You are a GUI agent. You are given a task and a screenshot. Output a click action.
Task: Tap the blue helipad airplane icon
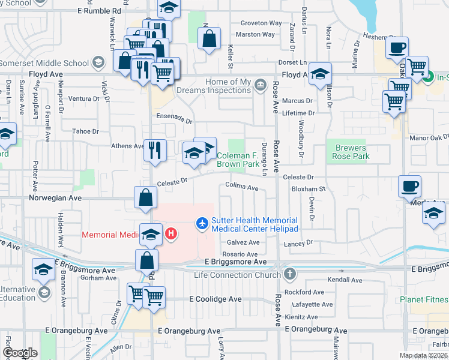pos(202,223)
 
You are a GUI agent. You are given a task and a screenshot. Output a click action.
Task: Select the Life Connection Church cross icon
pos(290,275)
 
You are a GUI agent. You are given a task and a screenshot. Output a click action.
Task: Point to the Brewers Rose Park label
pos(350,152)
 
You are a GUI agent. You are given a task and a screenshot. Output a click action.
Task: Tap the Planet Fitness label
pos(424,299)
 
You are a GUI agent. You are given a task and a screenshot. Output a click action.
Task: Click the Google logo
pos(20,353)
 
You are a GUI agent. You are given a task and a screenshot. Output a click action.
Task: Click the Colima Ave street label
pos(242,188)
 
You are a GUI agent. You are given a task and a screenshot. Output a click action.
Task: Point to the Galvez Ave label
pos(243,242)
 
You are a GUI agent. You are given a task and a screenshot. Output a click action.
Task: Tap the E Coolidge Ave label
pos(215,299)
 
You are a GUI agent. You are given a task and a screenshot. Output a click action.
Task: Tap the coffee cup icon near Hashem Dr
pos(396,48)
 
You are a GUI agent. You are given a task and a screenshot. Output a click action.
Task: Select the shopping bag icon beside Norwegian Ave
pos(145,197)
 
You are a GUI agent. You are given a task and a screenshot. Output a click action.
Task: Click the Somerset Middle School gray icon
pos(97,62)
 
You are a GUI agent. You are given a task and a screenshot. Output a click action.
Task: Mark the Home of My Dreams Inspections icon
pos(260,83)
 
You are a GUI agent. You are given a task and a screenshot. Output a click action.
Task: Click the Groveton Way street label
pos(261,23)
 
